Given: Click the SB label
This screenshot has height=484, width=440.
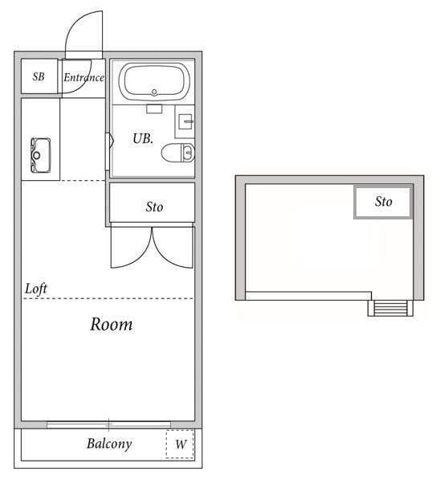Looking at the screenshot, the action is pos(39,76).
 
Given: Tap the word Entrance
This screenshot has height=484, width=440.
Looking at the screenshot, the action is pos(84,77).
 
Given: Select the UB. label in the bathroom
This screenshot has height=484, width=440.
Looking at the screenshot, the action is pos(143,138).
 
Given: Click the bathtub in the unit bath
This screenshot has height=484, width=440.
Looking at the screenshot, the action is pos(154,81).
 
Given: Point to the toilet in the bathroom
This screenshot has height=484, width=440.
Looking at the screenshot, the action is pos(178,153).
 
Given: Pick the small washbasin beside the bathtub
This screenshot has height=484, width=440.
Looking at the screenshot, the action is pos(185,121).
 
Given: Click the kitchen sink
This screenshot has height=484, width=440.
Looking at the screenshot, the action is pos(40,155).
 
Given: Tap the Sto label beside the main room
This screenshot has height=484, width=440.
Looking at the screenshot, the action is pos(154,207).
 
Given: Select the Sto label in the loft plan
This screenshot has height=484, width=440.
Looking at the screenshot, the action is pos(384,202).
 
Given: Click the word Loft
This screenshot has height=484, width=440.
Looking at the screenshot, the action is pos(36,289).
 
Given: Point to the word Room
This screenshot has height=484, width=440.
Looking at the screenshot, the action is pos(112,324).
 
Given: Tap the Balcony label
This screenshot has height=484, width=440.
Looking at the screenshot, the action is pos(109,444).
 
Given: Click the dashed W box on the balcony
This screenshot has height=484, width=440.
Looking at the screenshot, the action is pos(180,444).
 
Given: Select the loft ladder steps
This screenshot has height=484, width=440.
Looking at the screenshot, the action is pos(390,308).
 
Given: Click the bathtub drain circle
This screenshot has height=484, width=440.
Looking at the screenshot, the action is pos(154,92).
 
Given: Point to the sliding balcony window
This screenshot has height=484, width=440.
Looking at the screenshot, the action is pos(108,425).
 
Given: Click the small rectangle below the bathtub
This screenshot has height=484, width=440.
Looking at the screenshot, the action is pos(154,109).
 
